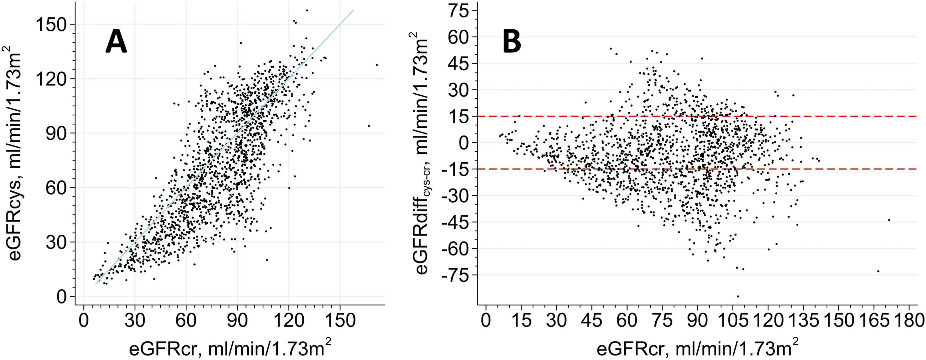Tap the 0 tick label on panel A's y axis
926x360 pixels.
pyautogui.click(x=61, y=297)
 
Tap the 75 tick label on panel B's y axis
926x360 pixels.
pyautogui.click(x=459, y=11)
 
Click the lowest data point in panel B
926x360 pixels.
pyautogui.click(x=738, y=296)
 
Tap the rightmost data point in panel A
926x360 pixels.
pyautogui.click(x=377, y=65)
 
